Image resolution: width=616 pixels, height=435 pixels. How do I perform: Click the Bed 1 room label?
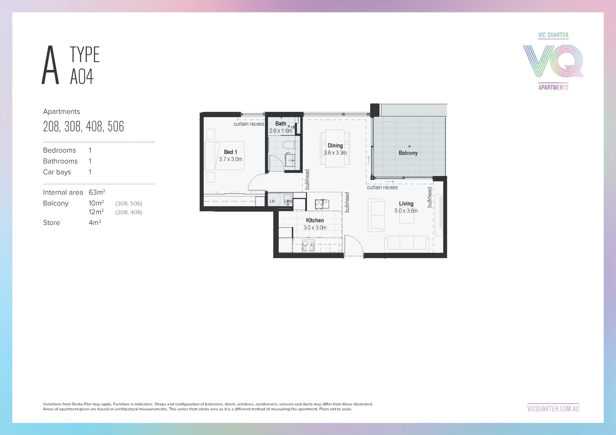pyautogui.click(x=230, y=152)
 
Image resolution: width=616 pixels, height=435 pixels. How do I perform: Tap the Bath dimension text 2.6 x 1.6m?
pyautogui.click(x=281, y=131)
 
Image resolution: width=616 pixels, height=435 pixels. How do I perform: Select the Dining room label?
pyautogui.click(x=335, y=145)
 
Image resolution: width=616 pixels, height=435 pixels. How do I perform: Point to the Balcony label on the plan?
pyautogui.click(x=408, y=153)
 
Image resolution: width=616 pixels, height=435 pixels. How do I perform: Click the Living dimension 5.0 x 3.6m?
pyautogui.click(x=406, y=211)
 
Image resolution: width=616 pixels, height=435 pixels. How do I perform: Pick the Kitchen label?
pyautogui.click(x=315, y=220)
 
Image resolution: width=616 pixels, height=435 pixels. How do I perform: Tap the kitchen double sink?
pyautogui.click(x=322, y=204)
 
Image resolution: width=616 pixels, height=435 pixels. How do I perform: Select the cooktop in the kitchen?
pyautogui.click(x=308, y=246)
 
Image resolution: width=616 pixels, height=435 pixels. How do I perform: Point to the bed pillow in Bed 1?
pyautogui.click(x=211, y=155)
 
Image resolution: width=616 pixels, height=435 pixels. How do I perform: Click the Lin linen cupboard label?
pyautogui.click(x=272, y=201)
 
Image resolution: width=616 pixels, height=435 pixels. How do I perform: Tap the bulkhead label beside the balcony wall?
pyautogui.click(x=430, y=197)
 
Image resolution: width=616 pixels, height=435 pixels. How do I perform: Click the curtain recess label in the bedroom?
pyautogui.click(x=248, y=124)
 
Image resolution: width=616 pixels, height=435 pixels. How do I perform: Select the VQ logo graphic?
pyautogui.click(x=553, y=61)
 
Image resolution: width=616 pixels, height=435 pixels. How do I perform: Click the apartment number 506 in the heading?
pyautogui.click(x=116, y=126)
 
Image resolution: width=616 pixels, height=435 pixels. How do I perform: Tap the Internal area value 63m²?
pyautogui.click(x=97, y=192)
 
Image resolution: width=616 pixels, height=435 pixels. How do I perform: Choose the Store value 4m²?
pyautogui.click(x=95, y=222)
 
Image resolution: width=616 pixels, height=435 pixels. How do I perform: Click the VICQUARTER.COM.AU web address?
pyautogui.click(x=553, y=408)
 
